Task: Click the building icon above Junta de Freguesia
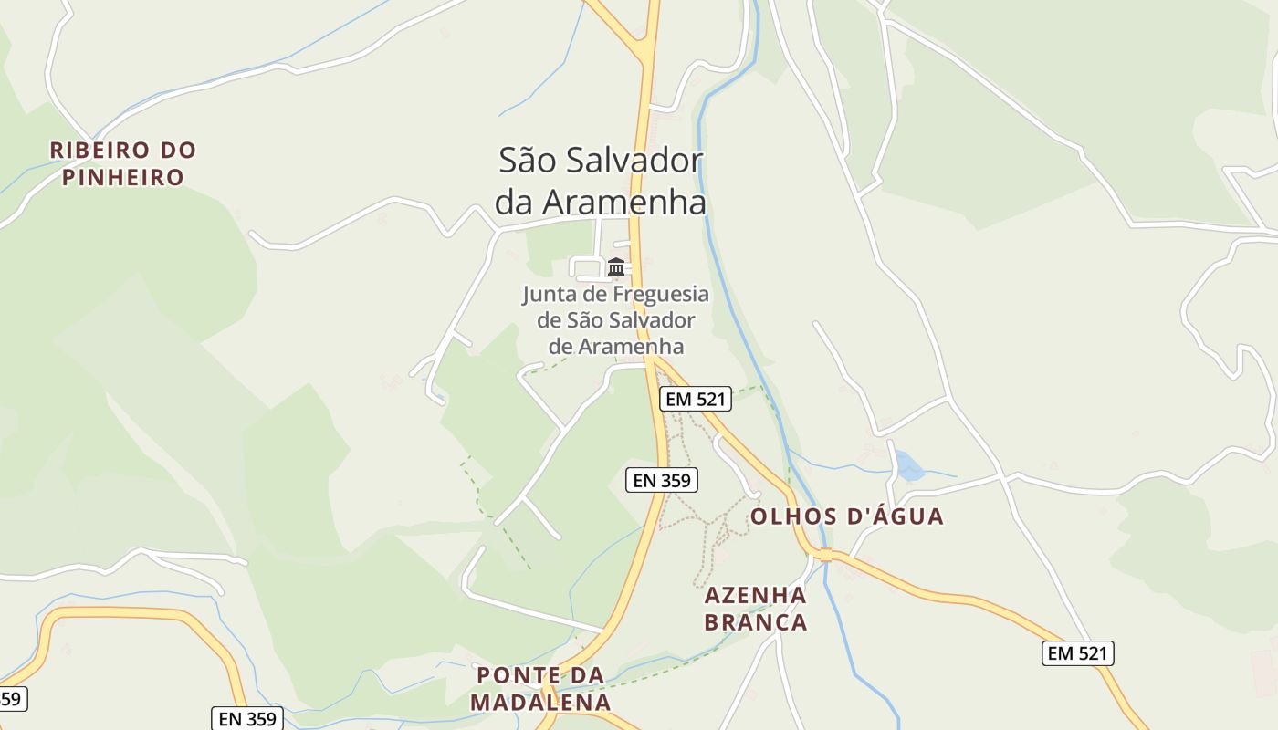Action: pyautogui.click(x=616, y=267)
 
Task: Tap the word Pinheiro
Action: pyautogui.click(x=123, y=177)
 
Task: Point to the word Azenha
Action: pyautogui.click(x=756, y=596)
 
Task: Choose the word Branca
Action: pyautogui.click(x=756, y=622)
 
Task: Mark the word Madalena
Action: pyautogui.click(x=540, y=703)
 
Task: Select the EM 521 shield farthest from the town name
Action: pyautogui.click(x=1078, y=653)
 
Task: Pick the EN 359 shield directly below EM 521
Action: pyautogui.click(x=662, y=480)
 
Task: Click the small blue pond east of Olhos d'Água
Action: pyautogui.click(x=908, y=466)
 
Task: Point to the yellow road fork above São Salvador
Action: pyautogui.click(x=647, y=50)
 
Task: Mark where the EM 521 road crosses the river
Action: pyautogui.click(x=825, y=555)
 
